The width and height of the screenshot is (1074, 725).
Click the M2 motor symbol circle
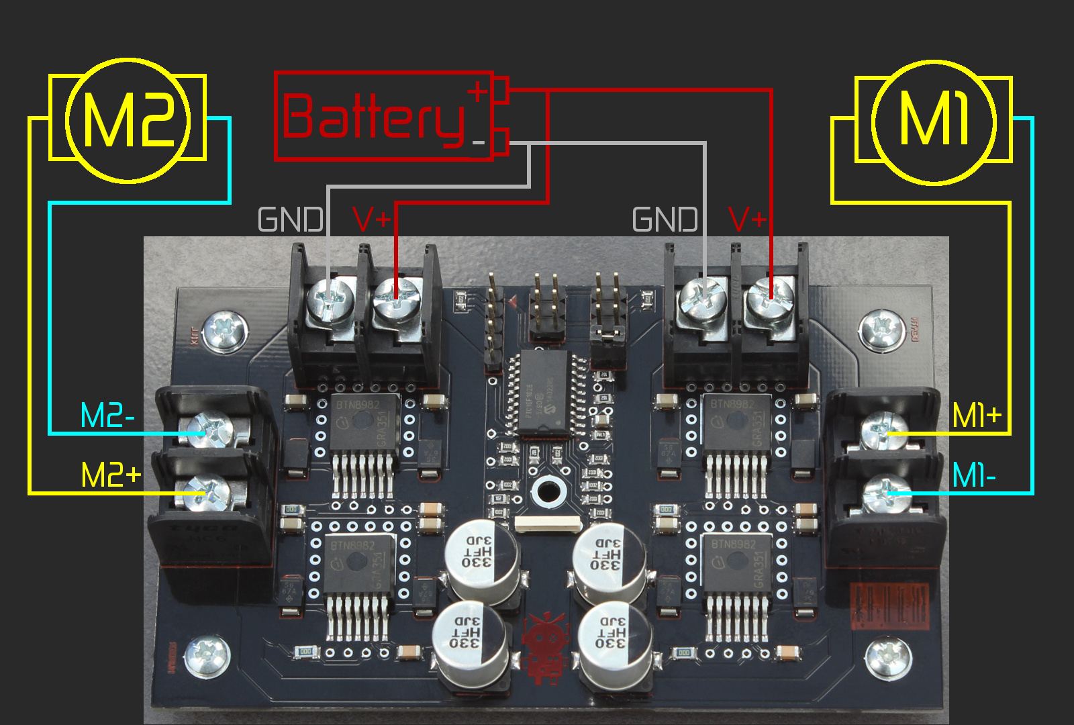128,120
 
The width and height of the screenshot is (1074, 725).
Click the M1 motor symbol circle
934,122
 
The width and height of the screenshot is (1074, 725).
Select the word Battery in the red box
373,118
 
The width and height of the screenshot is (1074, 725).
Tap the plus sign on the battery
477,92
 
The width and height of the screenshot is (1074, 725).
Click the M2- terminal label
107,416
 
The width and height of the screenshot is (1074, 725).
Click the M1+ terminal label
977,416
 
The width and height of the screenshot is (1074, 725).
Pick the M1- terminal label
974,475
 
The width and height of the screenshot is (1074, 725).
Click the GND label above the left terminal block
291,220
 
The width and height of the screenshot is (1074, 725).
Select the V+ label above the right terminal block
747,220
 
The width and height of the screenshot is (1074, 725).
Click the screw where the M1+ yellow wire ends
884,431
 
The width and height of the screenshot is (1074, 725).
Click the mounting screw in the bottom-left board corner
207,656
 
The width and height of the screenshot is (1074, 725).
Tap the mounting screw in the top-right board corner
881,330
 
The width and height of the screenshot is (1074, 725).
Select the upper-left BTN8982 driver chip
362,423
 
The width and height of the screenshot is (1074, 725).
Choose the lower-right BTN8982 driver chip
736,564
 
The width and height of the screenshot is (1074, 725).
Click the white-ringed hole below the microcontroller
548,491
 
